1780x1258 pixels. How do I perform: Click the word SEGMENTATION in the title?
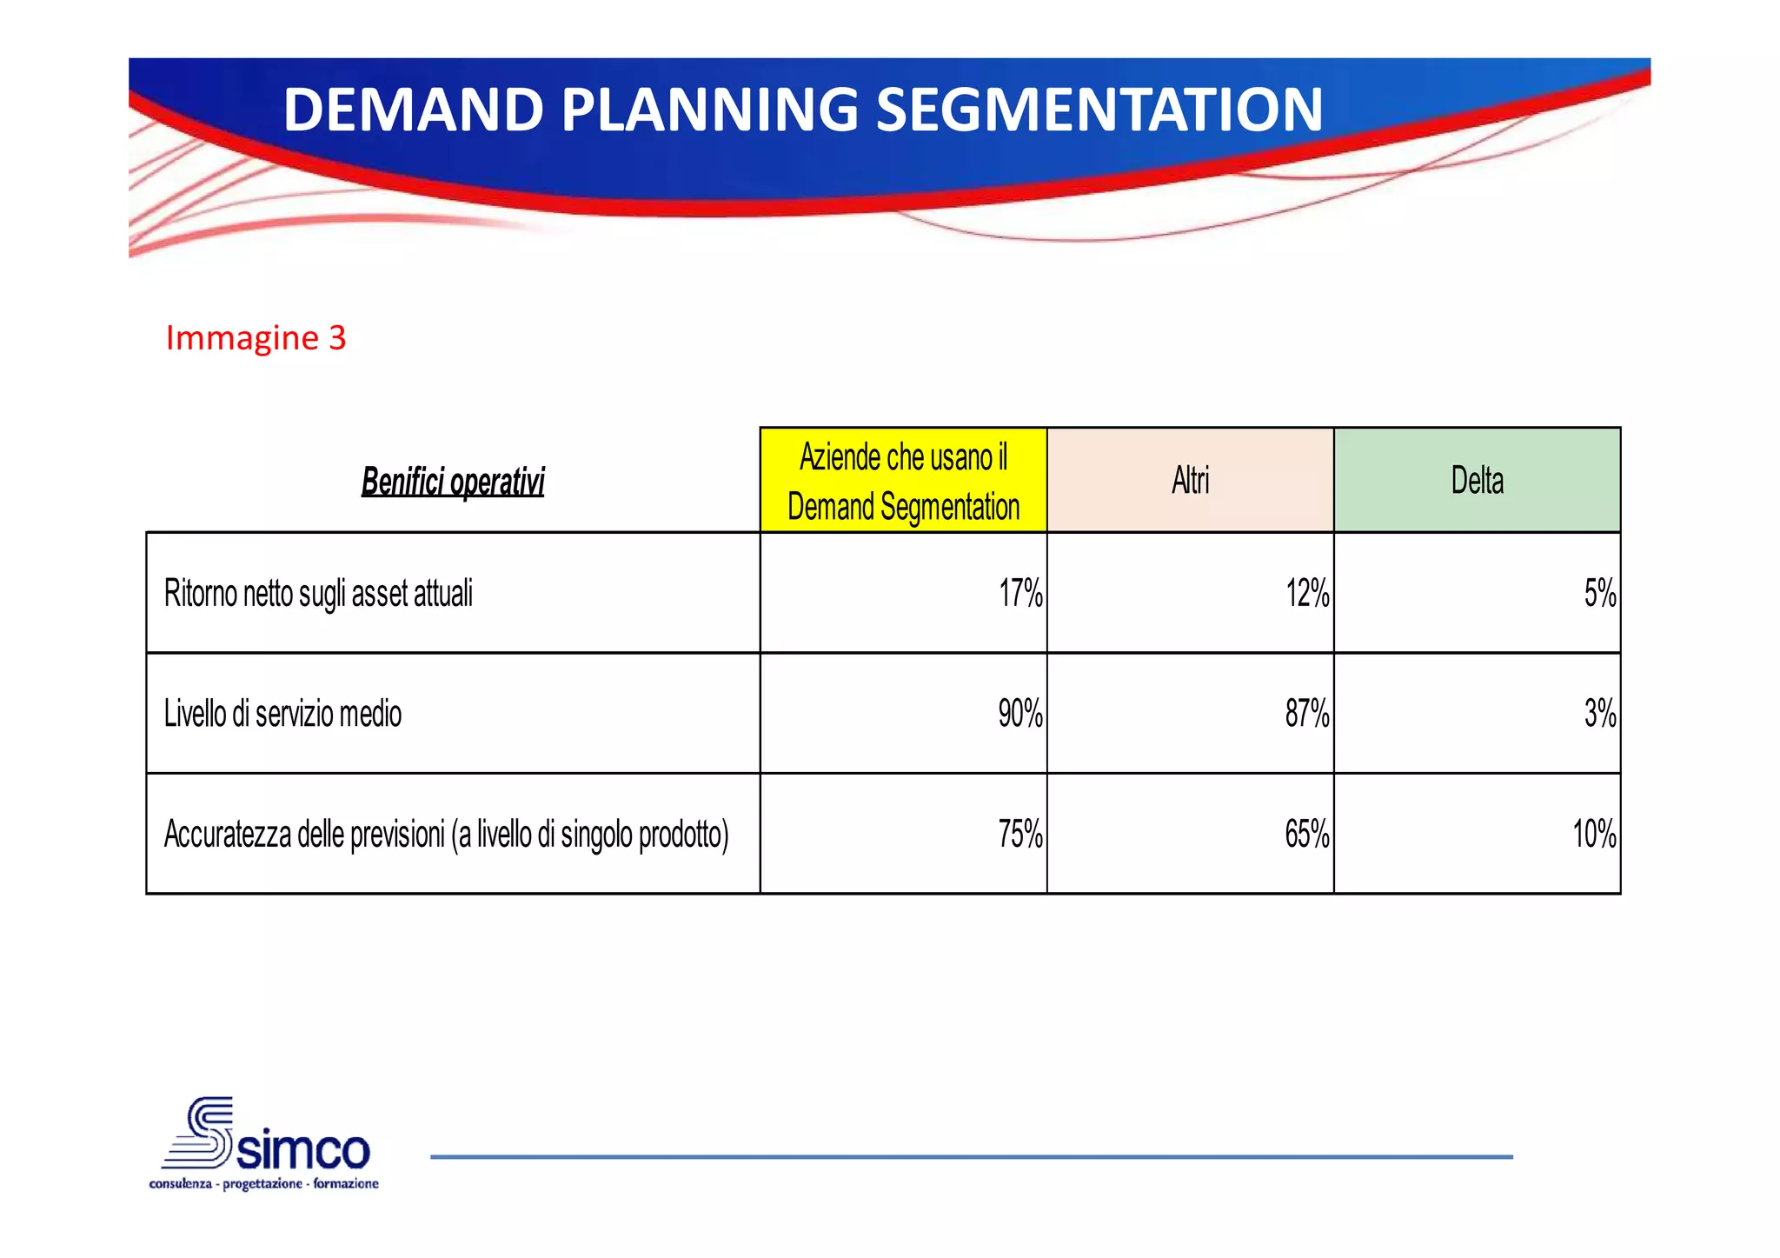tap(1099, 110)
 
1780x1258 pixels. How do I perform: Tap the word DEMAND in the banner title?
tap(413, 110)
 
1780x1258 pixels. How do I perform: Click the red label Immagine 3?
tap(256, 338)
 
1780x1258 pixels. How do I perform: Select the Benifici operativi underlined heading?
tap(452, 482)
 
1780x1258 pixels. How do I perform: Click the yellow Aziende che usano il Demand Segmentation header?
tap(903, 482)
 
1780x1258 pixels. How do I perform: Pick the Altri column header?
tap(1190, 481)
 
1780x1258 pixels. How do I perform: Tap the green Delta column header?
tap(1477, 481)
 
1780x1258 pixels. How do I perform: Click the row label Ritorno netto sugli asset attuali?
tap(318, 594)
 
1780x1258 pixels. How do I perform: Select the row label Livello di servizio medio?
tap(282, 714)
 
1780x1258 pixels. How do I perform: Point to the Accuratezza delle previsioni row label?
tap(446, 835)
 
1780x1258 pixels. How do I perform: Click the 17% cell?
tap(1020, 594)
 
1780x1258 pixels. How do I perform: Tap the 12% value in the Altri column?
tap(1307, 594)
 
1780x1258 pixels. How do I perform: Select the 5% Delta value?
tap(1599, 594)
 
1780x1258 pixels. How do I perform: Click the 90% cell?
tap(1020, 714)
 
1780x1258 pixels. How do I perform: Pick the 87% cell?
tap(1307, 714)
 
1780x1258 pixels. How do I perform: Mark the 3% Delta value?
tap(1599, 714)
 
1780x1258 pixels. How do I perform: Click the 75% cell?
tap(1020, 835)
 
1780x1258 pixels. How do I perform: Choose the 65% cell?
tap(1307, 835)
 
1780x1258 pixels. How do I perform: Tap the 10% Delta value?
tap(1594, 835)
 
